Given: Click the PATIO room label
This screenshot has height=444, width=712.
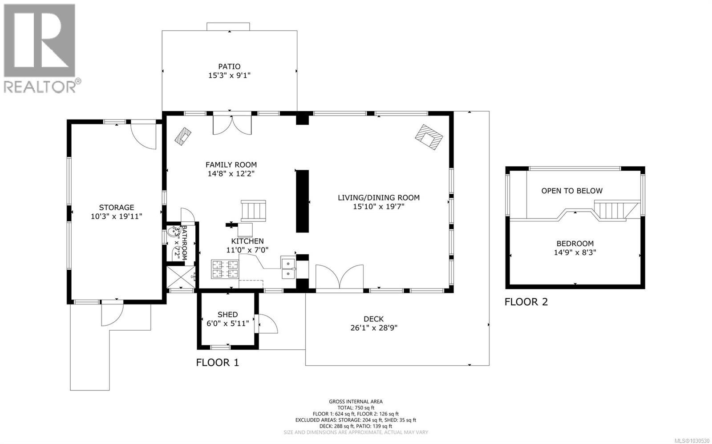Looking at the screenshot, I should click(229, 67).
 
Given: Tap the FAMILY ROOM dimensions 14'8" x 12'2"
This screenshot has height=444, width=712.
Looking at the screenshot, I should click(231, 174).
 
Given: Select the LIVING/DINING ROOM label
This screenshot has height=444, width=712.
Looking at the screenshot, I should click(378, 197).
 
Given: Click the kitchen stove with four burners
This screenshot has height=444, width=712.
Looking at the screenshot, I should click(225, 268).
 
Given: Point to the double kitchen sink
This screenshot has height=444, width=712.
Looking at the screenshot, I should click(288, 268).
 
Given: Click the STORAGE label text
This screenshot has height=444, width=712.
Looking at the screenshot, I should click(116, 207).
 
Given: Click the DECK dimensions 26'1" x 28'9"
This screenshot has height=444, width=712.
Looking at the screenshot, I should click(373, 328).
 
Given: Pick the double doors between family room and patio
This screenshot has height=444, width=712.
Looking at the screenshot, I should click(232, 124).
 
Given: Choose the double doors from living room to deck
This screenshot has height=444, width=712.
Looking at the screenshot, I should click(340, 277).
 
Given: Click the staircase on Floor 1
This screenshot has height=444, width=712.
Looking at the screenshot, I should click(253, 211).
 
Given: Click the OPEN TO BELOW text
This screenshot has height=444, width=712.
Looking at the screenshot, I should click(572, 191).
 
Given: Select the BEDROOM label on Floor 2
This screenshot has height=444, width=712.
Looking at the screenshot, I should click(575, 244).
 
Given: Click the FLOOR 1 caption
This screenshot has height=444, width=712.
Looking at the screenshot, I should click(218, 362).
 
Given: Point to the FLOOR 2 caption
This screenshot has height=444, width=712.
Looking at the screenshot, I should click(526, 302).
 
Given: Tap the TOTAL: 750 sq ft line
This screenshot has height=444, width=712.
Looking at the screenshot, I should click(356, 408).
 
